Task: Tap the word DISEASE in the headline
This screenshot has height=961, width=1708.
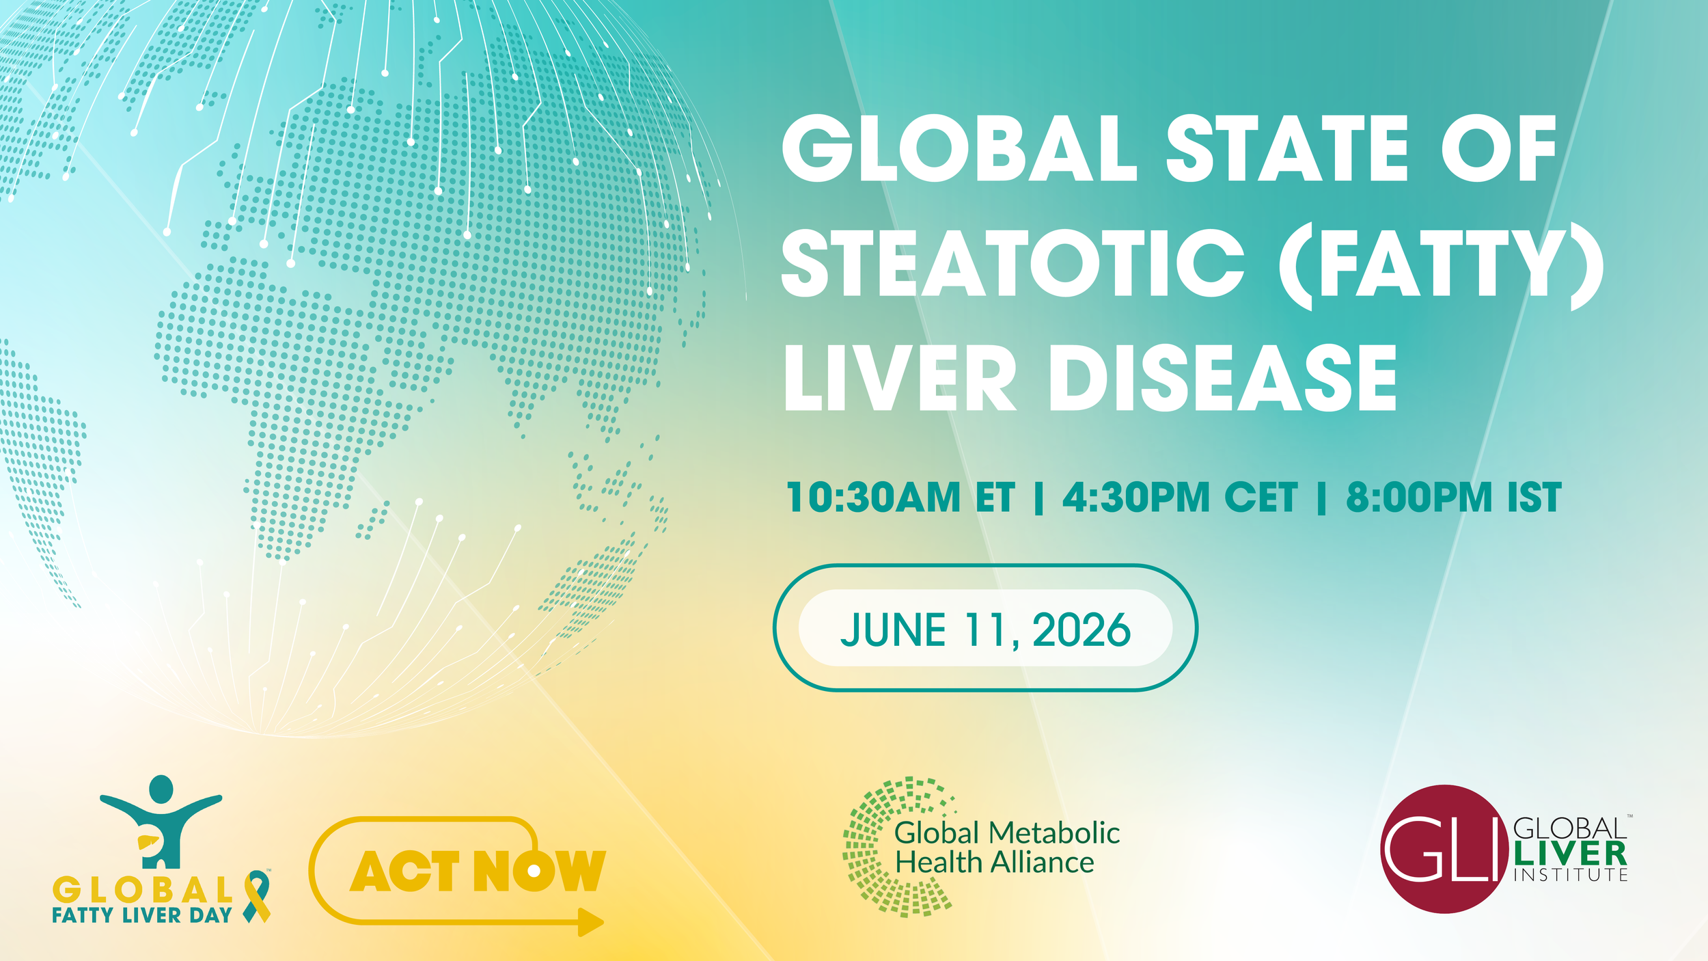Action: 1223,377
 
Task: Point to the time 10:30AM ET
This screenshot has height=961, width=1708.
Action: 900,497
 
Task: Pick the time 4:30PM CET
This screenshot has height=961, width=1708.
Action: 1180,497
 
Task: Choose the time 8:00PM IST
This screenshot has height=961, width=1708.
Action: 1454,497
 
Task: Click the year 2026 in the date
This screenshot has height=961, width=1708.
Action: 1082,630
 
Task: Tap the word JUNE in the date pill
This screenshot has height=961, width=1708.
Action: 893,630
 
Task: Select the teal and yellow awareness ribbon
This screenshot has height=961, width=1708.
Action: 258,896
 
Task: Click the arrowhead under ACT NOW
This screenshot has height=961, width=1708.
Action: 591,923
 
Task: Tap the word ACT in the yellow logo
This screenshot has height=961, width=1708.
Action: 404,871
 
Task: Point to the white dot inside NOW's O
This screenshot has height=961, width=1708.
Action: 534,871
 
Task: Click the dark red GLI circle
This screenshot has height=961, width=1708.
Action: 1444,849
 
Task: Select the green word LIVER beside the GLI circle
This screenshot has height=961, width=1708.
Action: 1571,854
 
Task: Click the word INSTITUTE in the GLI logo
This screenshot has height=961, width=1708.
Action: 1571,875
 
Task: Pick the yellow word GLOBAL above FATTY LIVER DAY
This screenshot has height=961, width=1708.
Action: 143,890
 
